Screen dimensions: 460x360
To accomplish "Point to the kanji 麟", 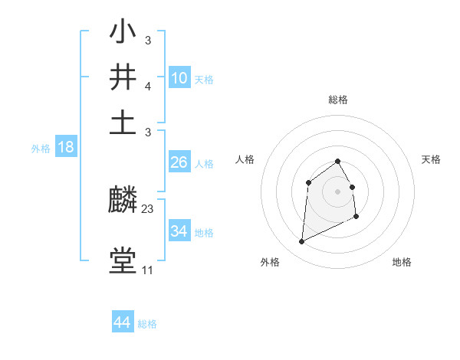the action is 123,201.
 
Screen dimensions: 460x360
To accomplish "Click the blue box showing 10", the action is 179,78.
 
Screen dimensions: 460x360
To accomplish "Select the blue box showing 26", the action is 179,162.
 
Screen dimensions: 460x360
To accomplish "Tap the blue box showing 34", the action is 179,231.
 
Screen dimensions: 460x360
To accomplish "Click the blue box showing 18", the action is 66,148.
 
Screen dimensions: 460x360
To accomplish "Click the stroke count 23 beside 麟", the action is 148,209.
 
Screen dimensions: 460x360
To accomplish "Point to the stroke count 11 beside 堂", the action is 147,270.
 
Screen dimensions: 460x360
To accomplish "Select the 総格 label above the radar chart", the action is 337,100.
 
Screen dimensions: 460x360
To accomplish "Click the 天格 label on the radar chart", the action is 432,159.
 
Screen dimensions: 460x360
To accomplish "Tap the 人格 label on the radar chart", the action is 245,159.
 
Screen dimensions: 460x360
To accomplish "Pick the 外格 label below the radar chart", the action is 270,262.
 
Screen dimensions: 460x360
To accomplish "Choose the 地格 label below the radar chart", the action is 402,262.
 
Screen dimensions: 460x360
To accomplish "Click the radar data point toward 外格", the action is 301,242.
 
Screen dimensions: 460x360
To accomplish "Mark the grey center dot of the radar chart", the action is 337,191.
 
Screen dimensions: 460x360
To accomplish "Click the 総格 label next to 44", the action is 147,324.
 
